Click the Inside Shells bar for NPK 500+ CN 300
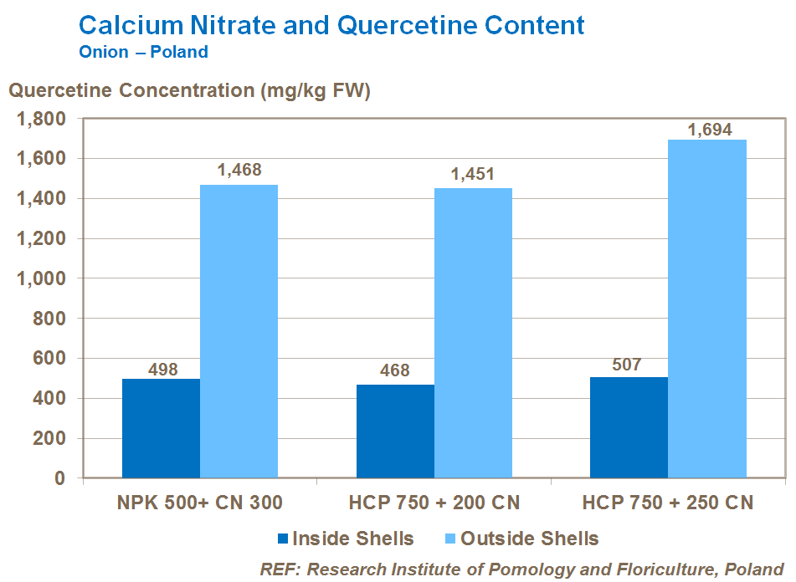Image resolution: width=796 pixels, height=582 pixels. [161, 428]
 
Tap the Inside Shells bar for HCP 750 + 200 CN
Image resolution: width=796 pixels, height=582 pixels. [395, 431]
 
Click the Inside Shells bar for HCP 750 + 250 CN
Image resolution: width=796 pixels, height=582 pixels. [629, 427]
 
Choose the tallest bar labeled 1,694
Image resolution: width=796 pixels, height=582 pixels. [707, 309]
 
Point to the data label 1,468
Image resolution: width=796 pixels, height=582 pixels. [239, 171]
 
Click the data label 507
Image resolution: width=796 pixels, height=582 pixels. [629, 364]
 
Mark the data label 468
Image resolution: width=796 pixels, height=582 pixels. [395, 370]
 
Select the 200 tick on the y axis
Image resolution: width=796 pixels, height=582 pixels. [49, 439]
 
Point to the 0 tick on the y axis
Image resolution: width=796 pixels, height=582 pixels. [59, 478]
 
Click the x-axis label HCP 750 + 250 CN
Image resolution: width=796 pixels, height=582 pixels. [668, 503]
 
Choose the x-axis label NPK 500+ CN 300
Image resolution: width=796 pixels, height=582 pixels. [199, 503]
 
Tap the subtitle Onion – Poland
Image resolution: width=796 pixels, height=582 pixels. [143, 52]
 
